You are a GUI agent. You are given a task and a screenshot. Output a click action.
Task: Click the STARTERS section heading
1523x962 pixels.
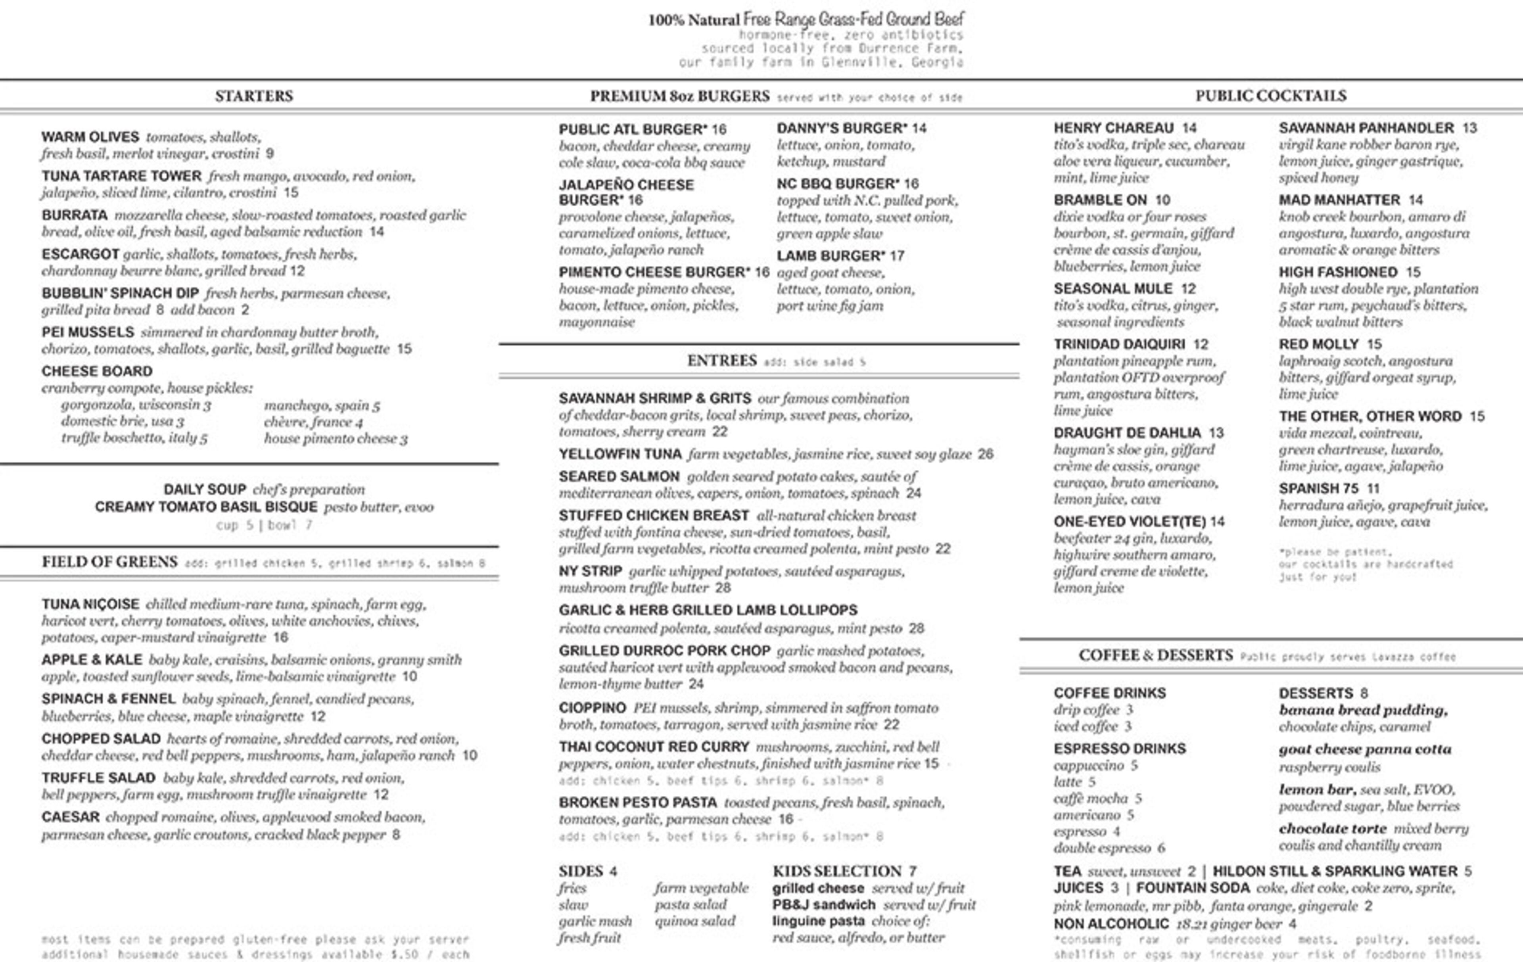(x=253, y=96)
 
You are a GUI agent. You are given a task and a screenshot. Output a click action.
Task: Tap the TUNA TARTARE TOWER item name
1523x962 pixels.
(x=121, y=176)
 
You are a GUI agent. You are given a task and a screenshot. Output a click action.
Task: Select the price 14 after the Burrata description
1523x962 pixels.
(x=376, y=232)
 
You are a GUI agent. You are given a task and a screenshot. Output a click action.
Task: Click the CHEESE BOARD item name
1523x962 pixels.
(x=97, y=371)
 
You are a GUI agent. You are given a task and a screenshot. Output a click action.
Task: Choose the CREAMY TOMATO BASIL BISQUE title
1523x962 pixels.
(x=206, y=507)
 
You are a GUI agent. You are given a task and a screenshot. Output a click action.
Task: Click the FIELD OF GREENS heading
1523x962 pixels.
(x=109, y=562)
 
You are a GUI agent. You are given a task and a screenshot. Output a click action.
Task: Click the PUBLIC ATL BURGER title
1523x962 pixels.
(x=633, y=129)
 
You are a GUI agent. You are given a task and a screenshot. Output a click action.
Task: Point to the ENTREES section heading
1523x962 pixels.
(x=722, y=361)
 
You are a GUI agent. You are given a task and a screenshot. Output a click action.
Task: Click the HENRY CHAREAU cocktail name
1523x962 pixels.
(x=1113, y=128)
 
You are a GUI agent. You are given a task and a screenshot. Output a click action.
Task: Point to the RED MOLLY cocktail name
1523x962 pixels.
(x=1318, y=344)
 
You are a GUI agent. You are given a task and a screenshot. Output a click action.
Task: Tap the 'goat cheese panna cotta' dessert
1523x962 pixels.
(x=1365, y=749)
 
